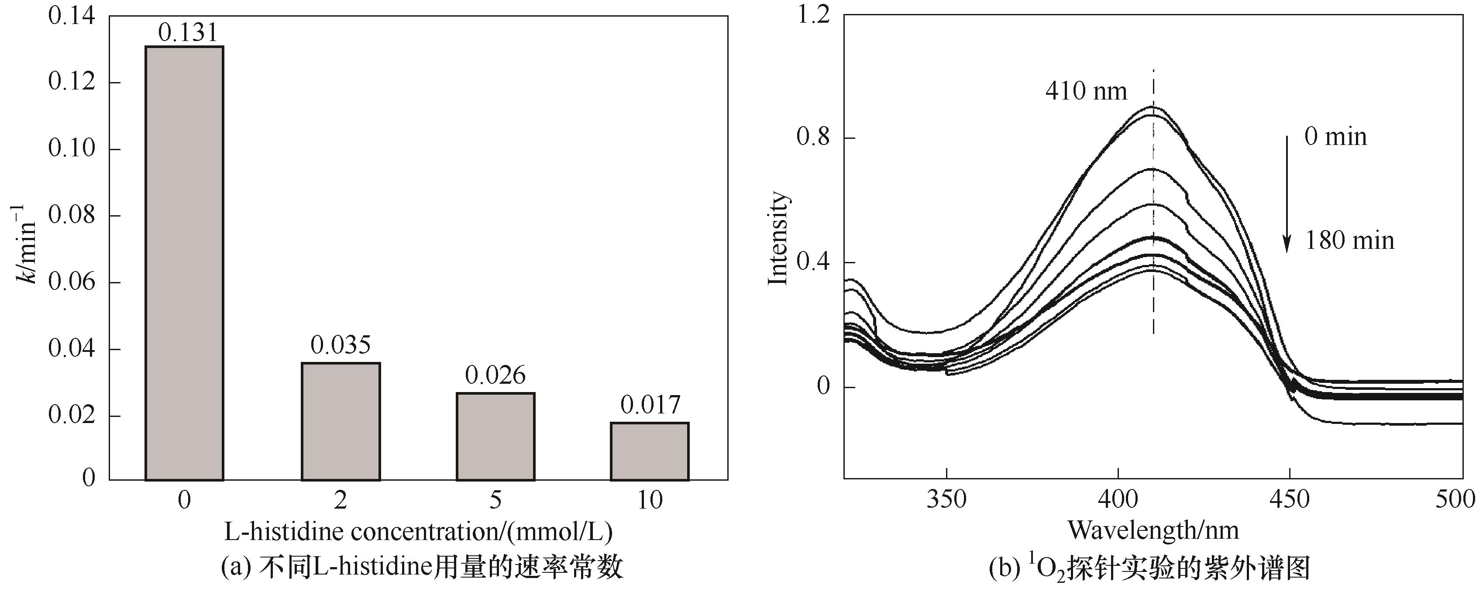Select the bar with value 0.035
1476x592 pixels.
[x=341, y=421]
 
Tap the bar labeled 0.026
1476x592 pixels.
[x=495, y=436]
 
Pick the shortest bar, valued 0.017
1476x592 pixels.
[x=650, y=451]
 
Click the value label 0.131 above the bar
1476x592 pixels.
[x=188, y=33]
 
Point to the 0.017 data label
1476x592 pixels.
[x=650, y=405]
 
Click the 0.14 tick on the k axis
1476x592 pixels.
[x=72, y=16]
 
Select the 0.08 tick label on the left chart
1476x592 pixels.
[x=72, y=216]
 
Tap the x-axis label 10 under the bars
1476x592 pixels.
[x=650, y=501]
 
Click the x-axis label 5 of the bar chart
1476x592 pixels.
[x=495, y=501]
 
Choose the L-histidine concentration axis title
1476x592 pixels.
[x=418, y=532]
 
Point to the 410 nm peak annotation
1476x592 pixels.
[x=1086, y=91]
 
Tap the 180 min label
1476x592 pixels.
[x=1349, y=241]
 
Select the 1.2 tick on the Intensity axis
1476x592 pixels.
[x=813, y=15]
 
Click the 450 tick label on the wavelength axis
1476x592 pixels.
[x=1289, y=500]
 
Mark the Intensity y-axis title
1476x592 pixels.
[x=778, y=238]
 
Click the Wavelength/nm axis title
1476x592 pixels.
[x=1153, y=530]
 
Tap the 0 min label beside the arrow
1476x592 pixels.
[x=1335, y=137]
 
